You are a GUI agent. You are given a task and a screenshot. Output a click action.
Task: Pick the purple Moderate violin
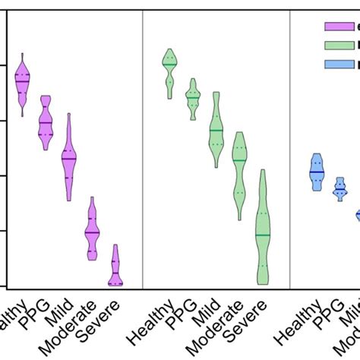[92, 229]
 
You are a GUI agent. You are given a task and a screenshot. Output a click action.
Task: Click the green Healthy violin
[170, 72]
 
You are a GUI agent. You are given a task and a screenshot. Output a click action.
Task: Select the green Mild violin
[216, 131]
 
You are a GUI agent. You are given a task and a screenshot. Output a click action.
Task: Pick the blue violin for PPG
[340, 188]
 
